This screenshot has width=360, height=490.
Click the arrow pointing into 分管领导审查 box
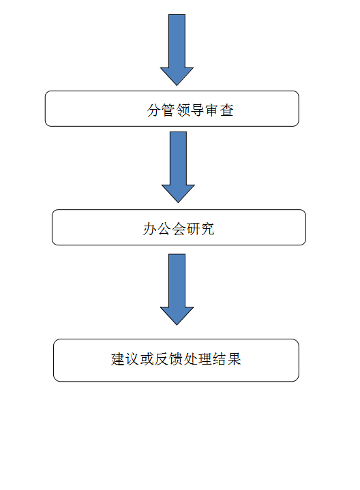point(177,50)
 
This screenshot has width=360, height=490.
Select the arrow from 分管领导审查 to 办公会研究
point(178,167)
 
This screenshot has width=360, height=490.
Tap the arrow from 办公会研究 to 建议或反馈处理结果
point(177,290)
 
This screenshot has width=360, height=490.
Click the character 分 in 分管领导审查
point(153,110)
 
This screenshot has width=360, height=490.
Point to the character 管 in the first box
point(168,110)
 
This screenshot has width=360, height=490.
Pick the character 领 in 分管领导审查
point(183,110)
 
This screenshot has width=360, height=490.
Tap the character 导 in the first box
point(197,110)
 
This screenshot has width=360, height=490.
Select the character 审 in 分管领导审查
point(212,110)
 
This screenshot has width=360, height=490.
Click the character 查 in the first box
point(227,110)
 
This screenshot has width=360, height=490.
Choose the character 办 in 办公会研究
point(150,229)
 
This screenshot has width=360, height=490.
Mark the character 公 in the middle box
point(164,229)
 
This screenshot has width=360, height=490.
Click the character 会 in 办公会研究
point(179,229)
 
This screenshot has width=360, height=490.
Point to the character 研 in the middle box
point(193,229)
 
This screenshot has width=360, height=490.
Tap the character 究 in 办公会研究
point(207,229)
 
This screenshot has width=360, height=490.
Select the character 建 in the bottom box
point(118,359)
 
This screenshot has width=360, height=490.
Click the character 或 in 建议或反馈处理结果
point(147,359)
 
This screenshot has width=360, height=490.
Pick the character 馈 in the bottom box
point(176,359)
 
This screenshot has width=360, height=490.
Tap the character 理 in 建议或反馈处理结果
point(205,359)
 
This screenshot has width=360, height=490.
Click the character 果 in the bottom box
point(234,359)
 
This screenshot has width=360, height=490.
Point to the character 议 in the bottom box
point(132,359)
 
